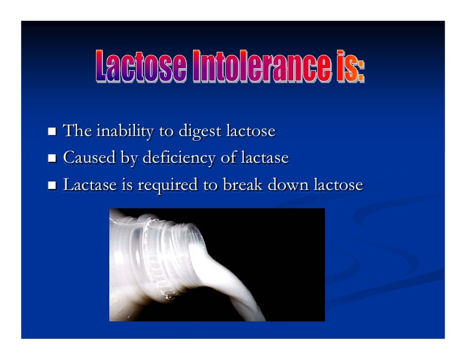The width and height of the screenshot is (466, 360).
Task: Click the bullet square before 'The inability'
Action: pos(52,132)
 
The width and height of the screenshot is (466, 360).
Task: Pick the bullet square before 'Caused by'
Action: pos(52,159)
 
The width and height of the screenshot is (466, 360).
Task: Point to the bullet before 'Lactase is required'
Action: pos(52,186)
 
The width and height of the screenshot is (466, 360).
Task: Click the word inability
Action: pos(125,132)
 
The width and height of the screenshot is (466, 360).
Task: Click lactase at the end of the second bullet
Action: pos(264,158)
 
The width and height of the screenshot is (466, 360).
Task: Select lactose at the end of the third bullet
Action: pos(338,185)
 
